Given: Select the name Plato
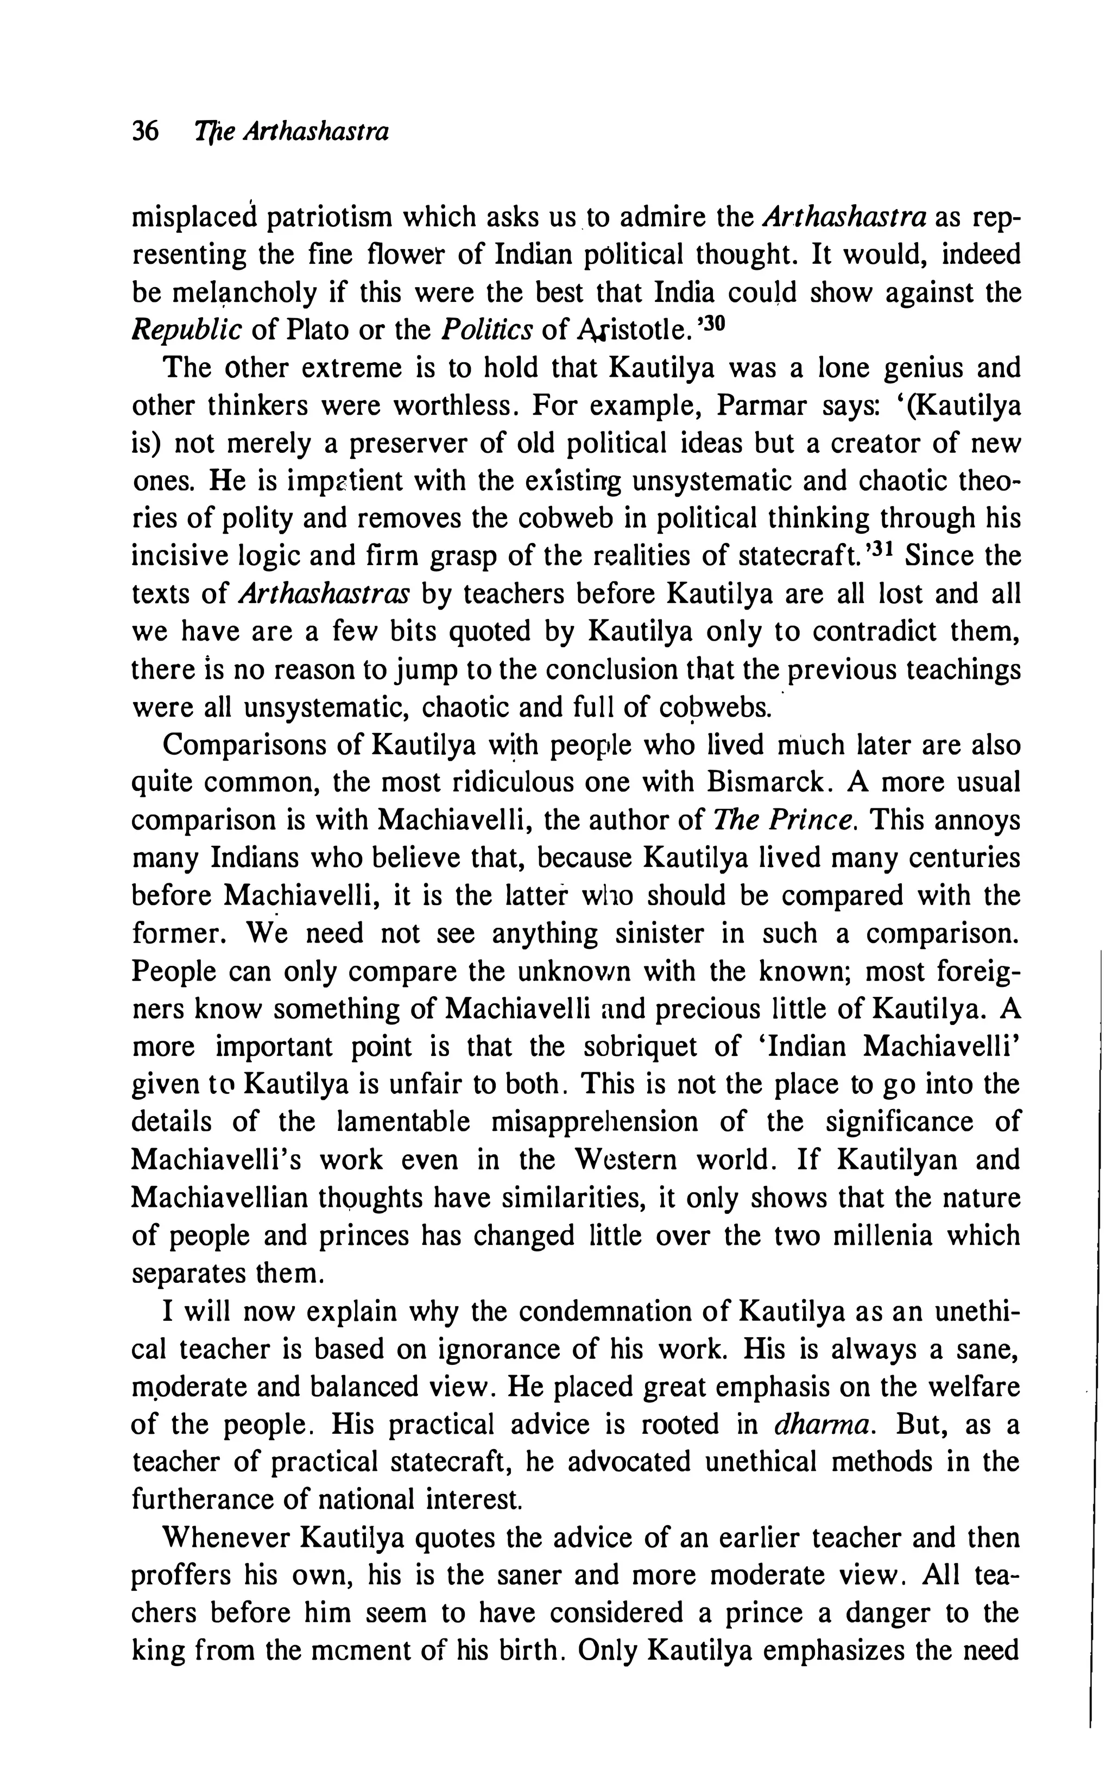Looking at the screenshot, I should click(315, 330).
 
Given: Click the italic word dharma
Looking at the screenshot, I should click(824, 1425).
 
